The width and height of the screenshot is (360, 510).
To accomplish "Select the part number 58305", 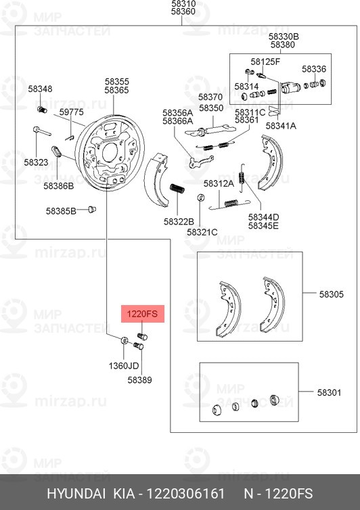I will [332, 294].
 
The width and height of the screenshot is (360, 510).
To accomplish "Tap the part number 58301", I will [332, 392].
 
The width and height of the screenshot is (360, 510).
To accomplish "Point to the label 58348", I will [40, 89].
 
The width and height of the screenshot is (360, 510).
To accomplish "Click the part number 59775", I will [71, 112].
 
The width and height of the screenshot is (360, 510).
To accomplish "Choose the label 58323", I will [36, 162].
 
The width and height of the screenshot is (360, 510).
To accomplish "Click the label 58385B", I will [61, 210].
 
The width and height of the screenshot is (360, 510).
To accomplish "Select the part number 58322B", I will [179, 221].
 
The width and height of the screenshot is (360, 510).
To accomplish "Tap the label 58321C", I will [202, 232].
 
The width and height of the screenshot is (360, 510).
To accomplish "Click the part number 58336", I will [314, 69].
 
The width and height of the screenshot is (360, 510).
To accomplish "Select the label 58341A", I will [281, 125].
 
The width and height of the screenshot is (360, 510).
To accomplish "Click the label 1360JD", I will [124, 366].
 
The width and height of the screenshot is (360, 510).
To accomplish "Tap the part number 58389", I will [139, 380].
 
